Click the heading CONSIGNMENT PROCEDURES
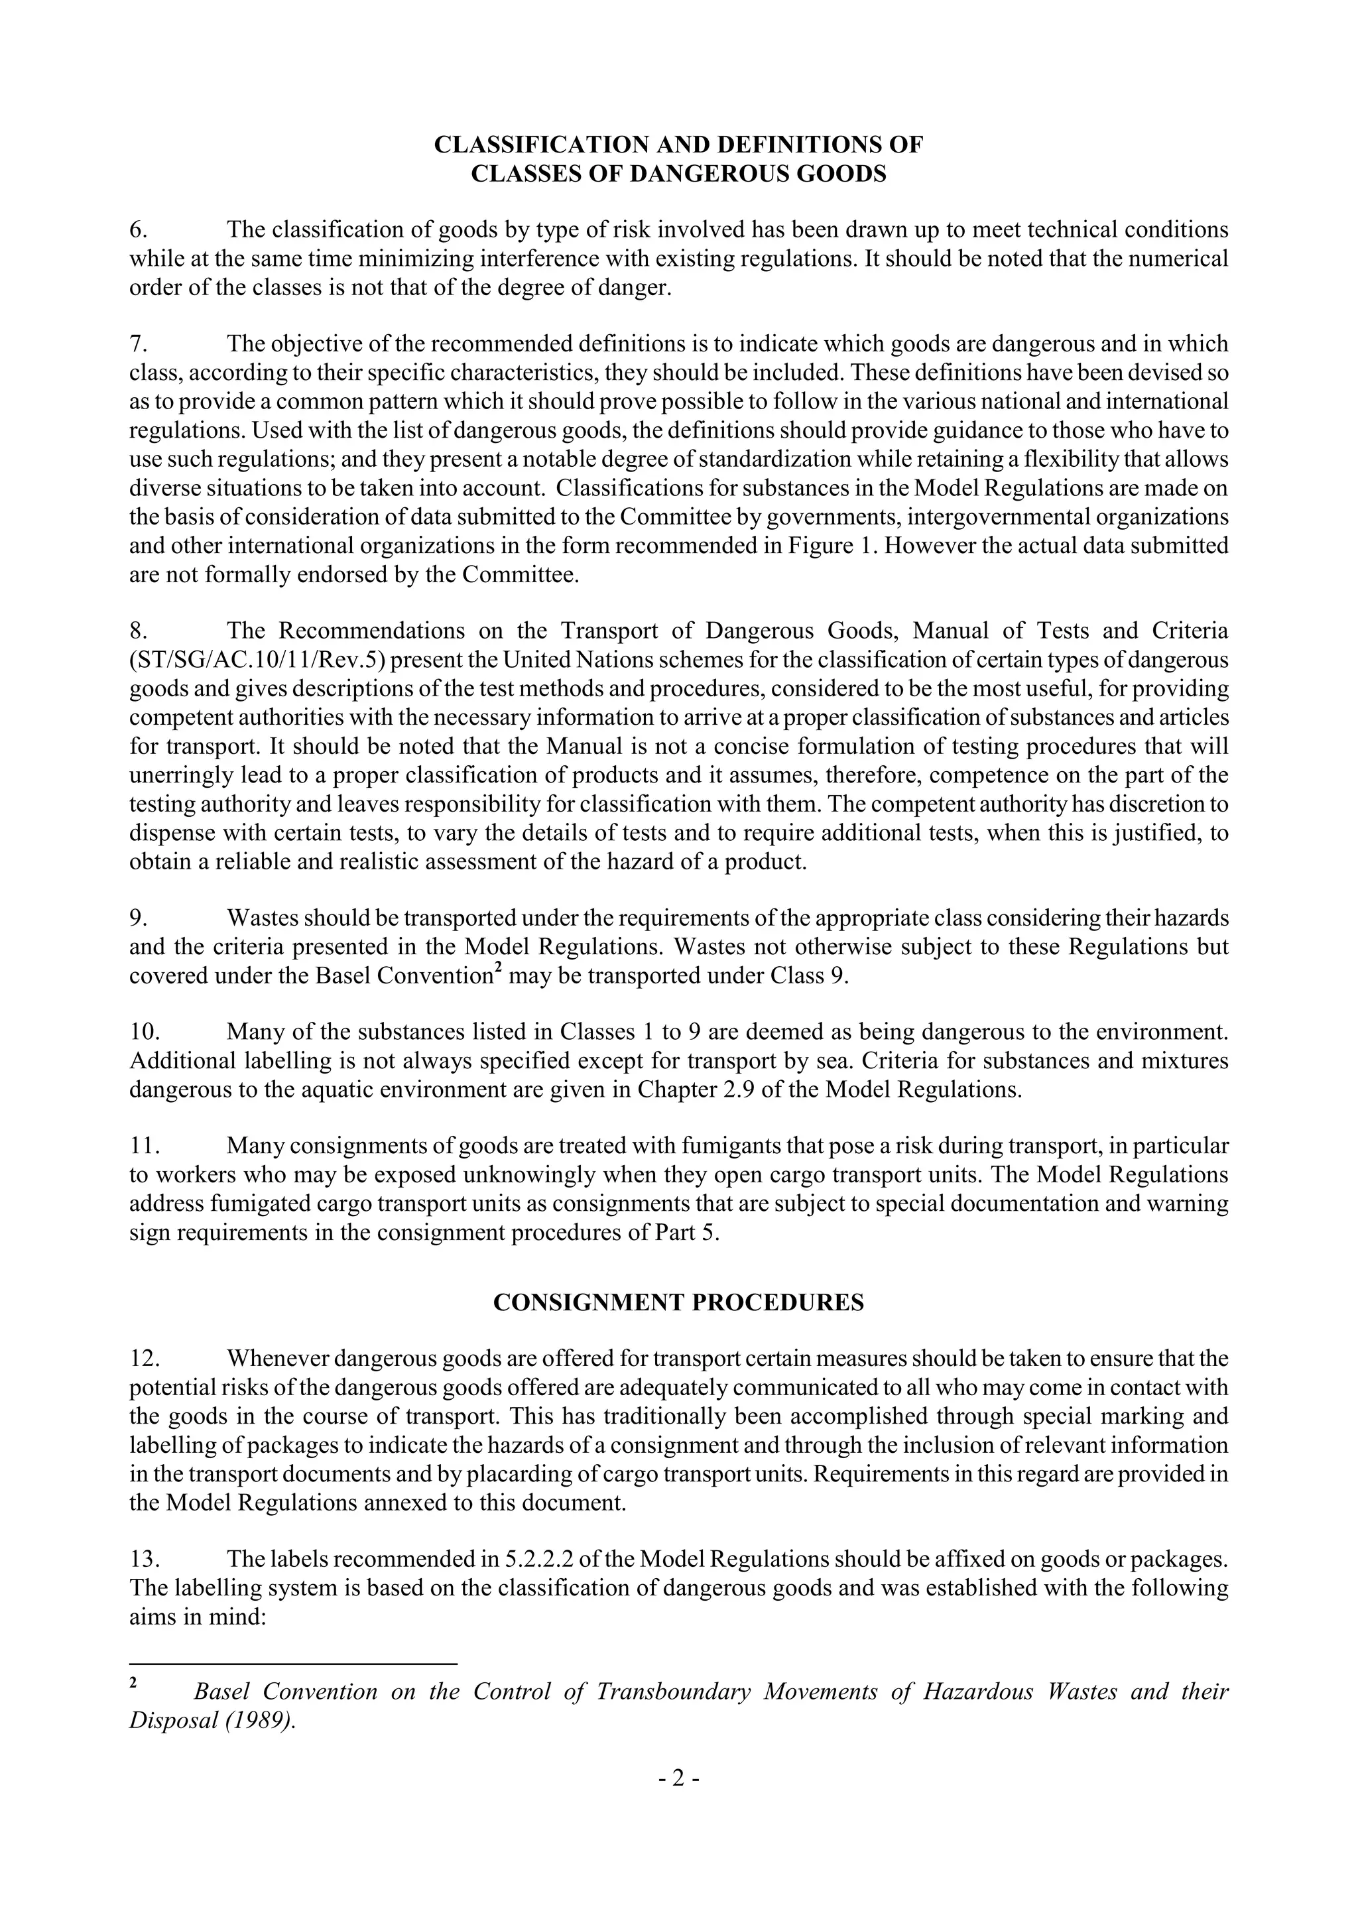pos(678,1303)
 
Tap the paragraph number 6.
pos(138,230)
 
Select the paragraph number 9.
pos(138,918)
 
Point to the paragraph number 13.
pos(144,1560)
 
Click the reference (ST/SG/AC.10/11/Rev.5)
pos(259,660)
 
